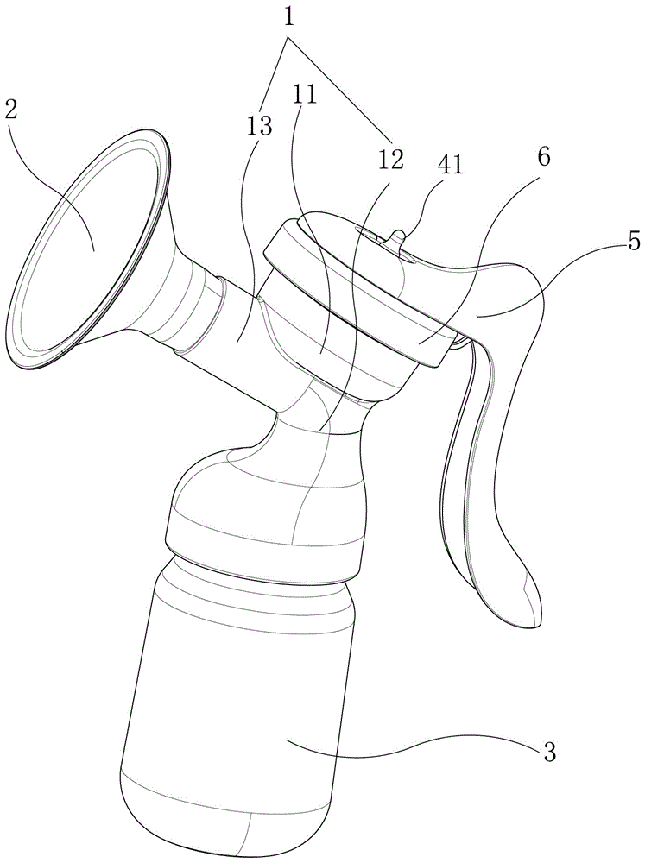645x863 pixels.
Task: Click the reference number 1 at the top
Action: tap(290, 17)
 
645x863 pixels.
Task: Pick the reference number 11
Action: tap(305, 96)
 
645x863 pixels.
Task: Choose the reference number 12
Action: tap(390, 159)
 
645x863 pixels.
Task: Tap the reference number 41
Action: tap(451, 165)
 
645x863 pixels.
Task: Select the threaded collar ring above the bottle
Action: tap(263, 542)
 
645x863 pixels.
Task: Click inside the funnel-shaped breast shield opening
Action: tap(83, 248)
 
